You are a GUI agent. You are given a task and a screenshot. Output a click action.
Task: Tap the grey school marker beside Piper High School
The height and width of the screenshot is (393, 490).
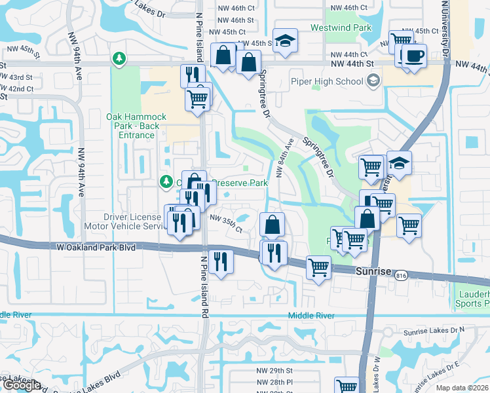(x=373, y=81)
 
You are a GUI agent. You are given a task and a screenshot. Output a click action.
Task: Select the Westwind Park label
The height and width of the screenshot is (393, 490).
(x=350, y=28)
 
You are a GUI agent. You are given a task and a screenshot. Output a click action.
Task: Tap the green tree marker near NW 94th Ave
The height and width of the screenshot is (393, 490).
(x=119, y=59)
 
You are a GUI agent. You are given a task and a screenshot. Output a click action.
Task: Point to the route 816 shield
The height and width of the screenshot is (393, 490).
(x=401, y=277)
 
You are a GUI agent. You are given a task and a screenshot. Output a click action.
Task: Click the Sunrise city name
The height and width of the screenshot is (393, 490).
(x=373, y=271)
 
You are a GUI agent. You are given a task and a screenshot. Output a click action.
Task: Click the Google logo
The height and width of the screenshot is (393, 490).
(x=22, y=386)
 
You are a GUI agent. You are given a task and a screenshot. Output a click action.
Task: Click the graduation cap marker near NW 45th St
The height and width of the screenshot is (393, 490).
(x=284, y=41)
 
